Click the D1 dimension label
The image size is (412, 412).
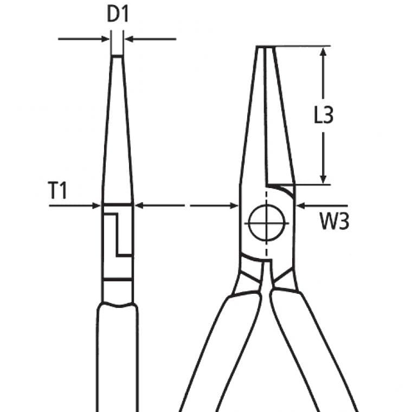tap(118, 15)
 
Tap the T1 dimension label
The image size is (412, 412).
tap(58, 190)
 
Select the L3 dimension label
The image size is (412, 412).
tap(324, 115)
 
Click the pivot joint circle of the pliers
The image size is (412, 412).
tap(266, 223)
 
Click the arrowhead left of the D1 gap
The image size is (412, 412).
tap(105, 39)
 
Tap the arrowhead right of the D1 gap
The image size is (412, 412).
tap(130, 39)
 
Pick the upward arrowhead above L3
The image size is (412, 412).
tap(324, 52)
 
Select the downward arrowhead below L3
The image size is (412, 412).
tap(324, 179)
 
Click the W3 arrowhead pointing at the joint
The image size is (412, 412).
tap(301, 206)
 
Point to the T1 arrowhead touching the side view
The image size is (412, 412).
tap(96, 206)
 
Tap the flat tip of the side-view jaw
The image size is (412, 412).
tap(118, 56)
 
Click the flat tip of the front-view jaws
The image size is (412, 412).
tap(266, 47)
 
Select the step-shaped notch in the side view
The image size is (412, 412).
tap(118, 235)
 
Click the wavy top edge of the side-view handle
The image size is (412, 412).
tap(117, 305)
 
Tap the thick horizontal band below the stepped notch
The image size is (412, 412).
tap(118, 279)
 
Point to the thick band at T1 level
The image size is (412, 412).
tap(118, 205)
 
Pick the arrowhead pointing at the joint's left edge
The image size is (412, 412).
tap(234, 206)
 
